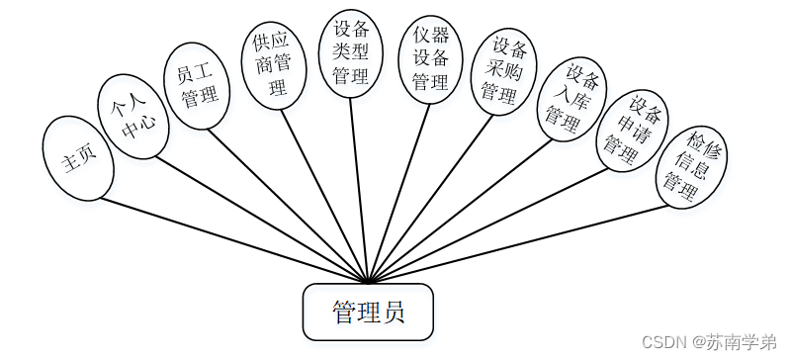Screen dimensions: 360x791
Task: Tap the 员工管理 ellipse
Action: (x=197, y=86)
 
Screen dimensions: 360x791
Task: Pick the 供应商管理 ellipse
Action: (x=270, y=64)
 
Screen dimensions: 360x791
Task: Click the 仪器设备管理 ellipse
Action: (x=430, y=57)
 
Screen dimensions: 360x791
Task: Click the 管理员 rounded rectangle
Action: (x=368, y=312)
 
